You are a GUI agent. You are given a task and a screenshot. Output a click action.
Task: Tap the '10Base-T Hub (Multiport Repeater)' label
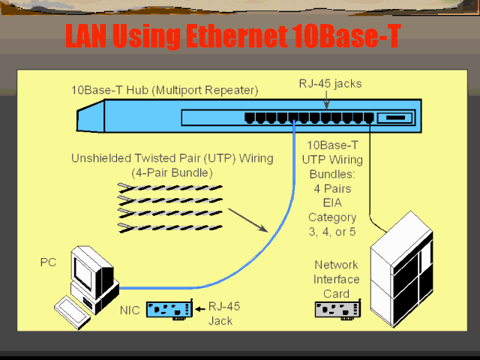click(165, 91)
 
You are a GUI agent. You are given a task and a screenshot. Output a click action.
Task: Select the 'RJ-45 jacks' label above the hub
click(331, 83)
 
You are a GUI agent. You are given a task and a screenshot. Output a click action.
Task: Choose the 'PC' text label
click(48, 262)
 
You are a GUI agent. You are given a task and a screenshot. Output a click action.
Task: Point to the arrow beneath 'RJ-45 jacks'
click(325, 103)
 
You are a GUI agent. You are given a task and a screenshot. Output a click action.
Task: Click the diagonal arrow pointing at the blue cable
click(250, 220)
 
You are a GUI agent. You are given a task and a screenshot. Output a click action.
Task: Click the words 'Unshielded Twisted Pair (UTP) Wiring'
click(172, 159)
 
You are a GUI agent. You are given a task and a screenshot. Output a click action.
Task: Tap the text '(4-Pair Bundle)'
click(172, 173)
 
